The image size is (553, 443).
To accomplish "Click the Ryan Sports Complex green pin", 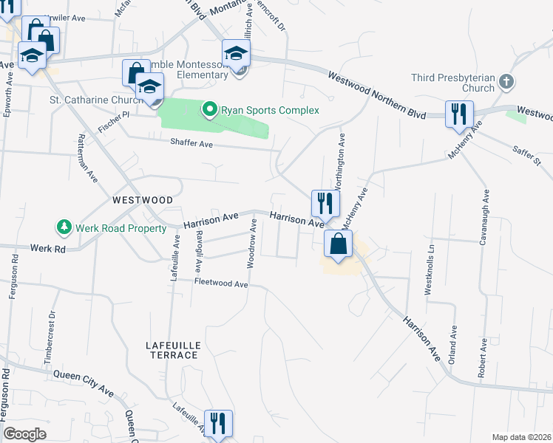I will pos(209,110).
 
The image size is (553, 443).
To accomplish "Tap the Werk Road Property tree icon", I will pos(64,228).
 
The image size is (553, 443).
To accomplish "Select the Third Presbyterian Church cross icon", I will pos(506,81).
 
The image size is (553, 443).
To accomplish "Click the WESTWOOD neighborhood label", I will pos(143,200).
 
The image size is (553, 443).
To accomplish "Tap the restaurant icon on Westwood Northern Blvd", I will pos(459,114).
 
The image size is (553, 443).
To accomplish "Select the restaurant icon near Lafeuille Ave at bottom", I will pos(217,423).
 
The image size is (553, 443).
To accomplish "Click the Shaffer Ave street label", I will pos(191,144).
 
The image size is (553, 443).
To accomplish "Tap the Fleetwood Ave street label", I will pos(220,283).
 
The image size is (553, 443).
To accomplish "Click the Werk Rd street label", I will pos(48,250).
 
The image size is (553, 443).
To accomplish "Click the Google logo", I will pos(24,434).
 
